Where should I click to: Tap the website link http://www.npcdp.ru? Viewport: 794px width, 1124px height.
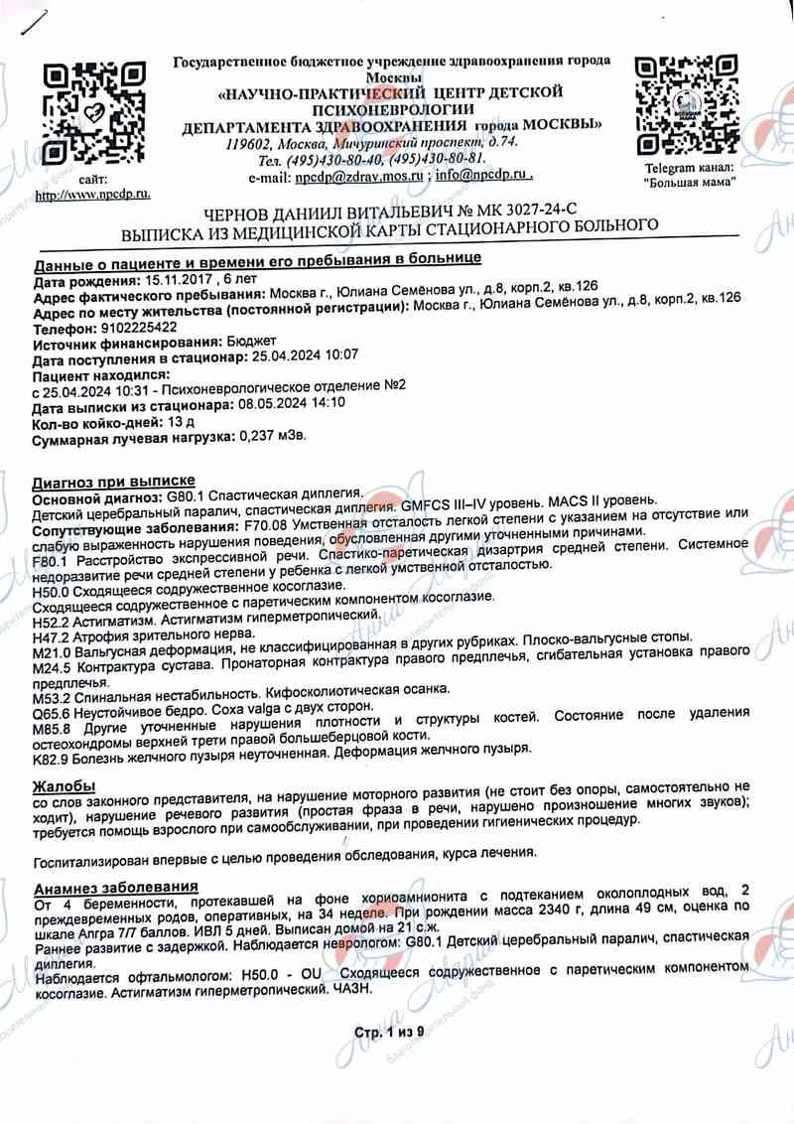click(x=92, y=195)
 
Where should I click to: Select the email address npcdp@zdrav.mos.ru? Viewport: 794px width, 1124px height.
click(x=359, y=176)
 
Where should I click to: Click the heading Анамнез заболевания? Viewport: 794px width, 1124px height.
click(x=116, y=887)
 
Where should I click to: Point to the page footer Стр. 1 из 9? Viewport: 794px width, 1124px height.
click(x=389, y=1033)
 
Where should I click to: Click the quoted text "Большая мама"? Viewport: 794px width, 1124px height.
click(x=690, y=183)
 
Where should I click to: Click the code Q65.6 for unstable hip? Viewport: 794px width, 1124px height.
click(x=53, y=702)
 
